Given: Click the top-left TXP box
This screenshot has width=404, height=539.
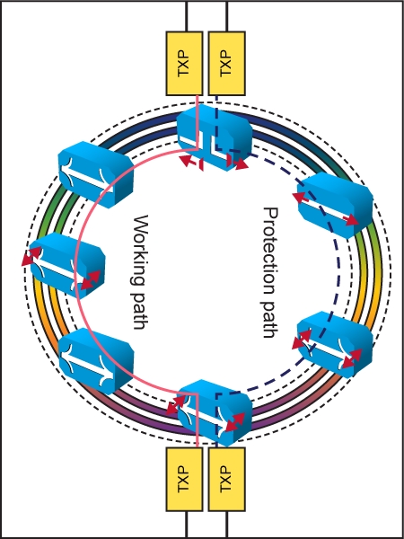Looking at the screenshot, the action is pyautogui.click(x=184, y=64).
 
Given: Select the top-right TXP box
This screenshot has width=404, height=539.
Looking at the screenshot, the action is pyautogui.click(x=227, y=64).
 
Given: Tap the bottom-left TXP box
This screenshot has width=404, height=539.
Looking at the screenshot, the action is pyautogui.click(x=184, y=479).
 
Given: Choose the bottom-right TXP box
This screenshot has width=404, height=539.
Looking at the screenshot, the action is pyautogui.click(x=227, y=479).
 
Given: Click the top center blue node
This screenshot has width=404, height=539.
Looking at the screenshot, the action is pyautogui.click(x=215, y=137).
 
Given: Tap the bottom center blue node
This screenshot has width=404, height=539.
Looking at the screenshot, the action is pyautogui.click(x=215, y=412).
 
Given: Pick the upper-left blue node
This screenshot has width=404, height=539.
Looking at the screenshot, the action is pyautogui.click(x=95, y=174).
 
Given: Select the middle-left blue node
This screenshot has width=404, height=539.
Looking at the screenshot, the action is pyautogui.click(x=67, y=265).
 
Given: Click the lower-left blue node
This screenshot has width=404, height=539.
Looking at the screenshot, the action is pyautogui.click(x=96, y=361).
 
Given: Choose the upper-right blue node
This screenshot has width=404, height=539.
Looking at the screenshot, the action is pyautogui.click(x=335, y=205).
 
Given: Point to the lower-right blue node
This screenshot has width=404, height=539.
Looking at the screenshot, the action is pyautogui.click(x=335, y=345).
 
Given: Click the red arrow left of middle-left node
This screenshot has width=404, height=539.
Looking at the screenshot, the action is pyautogui.click(x=31, y=256).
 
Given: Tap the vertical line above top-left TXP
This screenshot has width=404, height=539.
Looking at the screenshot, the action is pyautogui.click(x=187, y=16).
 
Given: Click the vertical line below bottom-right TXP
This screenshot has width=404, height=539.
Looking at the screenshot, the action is pyautogui.click(x=227, y=525).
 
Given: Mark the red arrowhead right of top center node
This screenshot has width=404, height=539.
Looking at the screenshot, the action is pyautogui.click(x=242, y=164).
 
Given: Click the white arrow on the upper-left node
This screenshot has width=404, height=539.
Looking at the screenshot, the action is pyautogui.click(x=90, y=173).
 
